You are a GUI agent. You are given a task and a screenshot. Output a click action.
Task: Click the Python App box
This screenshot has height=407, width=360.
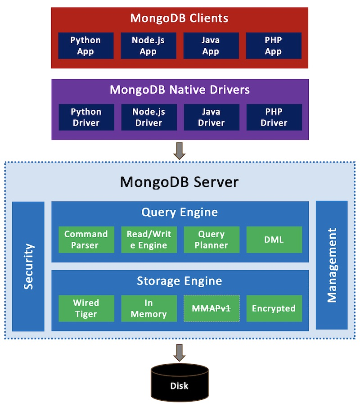[x=85, y=46]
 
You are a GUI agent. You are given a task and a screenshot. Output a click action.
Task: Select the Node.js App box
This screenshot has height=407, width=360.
[x=148, y=46]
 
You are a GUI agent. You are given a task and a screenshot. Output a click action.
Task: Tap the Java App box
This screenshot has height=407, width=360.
[x=211, y=46]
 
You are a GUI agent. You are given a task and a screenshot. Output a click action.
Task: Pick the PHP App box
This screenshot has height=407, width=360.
[x=273, y=46]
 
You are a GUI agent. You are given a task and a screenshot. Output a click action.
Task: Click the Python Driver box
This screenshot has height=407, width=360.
[x=86, y=117]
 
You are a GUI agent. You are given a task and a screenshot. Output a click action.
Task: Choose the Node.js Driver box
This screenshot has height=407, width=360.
[x=148, y=117]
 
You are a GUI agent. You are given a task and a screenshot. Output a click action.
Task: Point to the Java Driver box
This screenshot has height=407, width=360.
[x=211, y=117]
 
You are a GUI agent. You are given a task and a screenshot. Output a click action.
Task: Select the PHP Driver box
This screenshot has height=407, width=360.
[x=274, y=117]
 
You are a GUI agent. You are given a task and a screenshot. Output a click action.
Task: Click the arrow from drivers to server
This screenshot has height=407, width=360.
[x=180, y=151]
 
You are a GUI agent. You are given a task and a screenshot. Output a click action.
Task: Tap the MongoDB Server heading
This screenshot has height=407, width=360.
[x=180, y=182]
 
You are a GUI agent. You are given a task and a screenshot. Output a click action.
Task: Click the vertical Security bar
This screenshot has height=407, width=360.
[x=28, y=266]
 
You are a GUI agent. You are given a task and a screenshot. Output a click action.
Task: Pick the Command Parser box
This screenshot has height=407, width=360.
[x=86, y=240]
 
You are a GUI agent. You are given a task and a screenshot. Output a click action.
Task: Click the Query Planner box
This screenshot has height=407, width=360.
[x=211, y=240]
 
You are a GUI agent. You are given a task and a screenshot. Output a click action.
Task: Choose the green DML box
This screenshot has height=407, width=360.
[x=274, y=240]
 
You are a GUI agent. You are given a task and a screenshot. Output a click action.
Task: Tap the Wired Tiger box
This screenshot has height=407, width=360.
[x=86, y=308]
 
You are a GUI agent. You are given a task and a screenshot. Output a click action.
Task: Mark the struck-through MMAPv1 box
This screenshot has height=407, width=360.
[x=211, y=308]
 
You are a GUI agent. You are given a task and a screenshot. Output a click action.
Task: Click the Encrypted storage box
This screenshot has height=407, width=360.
[x=274, y=308]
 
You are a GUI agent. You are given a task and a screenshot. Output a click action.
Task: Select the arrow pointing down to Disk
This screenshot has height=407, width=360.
[x=180, y=353]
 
